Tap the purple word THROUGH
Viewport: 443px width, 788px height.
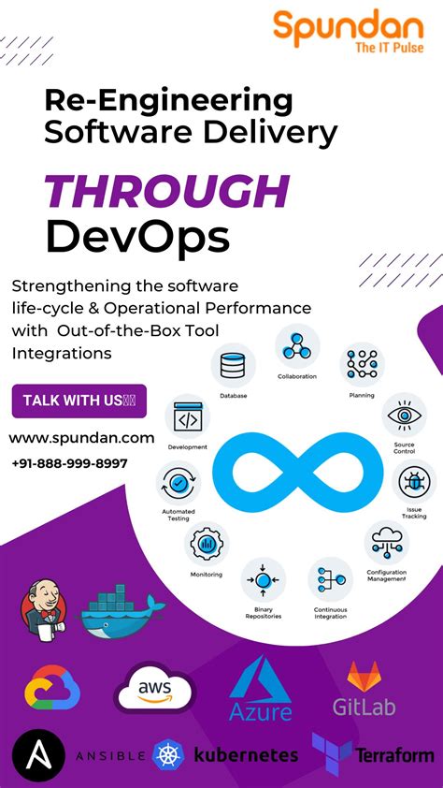[167, 193]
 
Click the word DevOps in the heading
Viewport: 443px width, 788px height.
[137, 237]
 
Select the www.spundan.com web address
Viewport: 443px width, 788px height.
[82, 437]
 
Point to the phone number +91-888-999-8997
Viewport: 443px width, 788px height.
[70, 463]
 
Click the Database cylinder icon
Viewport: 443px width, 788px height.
[233, 366]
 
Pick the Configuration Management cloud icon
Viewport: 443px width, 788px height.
[386, 542]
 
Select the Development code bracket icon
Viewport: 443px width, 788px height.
[187, 420]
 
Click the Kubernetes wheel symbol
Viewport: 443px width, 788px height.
[169, 754]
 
